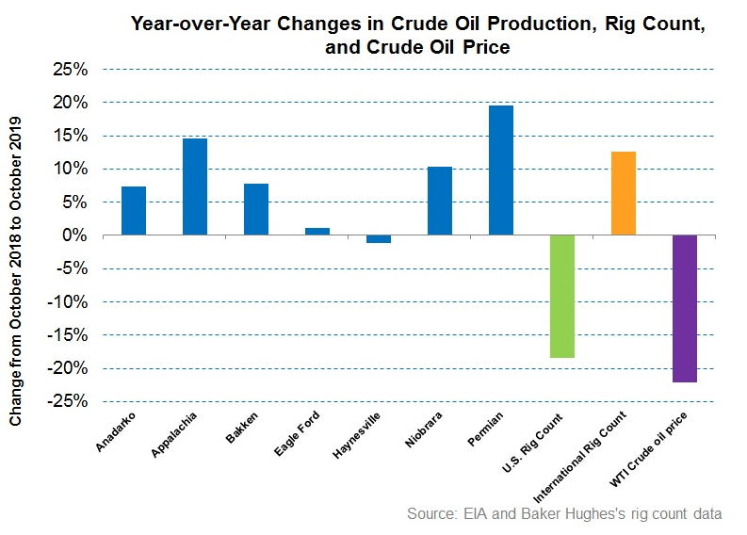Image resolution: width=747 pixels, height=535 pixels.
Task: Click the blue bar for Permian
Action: point(500,170)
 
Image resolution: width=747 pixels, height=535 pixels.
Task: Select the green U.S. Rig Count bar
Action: point(561,296)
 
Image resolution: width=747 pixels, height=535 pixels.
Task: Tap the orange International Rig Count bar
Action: point(623,193)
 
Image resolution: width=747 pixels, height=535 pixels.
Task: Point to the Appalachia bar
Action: point(194,186)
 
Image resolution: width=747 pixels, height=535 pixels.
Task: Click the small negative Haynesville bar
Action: point(378,239)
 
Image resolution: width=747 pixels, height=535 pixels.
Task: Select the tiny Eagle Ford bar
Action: point(317,231)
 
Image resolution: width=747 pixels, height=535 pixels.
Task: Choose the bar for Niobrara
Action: point(439,201)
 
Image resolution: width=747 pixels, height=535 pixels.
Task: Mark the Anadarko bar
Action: point(134,210)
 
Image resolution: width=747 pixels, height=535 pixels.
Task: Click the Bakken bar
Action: point(255,209)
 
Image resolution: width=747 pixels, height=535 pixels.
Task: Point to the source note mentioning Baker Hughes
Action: point(564,514)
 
